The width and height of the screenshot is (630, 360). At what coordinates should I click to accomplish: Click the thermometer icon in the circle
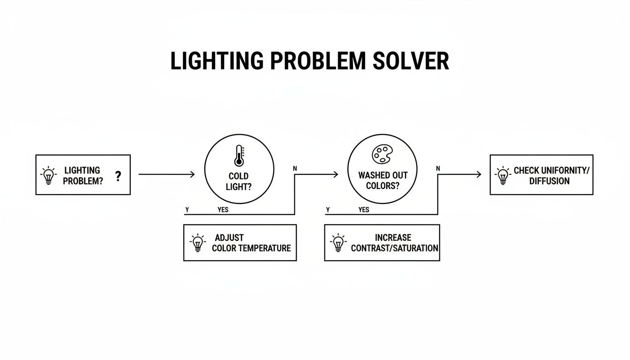pyautogui.click(x=239, y=156)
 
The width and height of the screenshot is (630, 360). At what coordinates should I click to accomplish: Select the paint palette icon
pyautogui.click(x=381, y=154)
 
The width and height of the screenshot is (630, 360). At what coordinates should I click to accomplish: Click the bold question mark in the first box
pyautogui.click(x=118, y=176)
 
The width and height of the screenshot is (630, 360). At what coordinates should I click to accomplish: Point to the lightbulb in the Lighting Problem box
pyautogui.click(x=49, y=175)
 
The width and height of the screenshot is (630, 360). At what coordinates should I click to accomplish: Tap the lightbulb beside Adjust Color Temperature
pyautogui.click(x=198, y=243)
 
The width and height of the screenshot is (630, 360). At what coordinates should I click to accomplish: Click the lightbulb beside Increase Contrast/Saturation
pyautogui.click(x=338, y=243)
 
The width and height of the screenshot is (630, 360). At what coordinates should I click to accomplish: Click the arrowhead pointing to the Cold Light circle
pyautogui.click(x=192, y=174)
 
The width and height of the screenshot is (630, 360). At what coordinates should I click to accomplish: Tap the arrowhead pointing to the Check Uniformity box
pyautogui.click(x=478, y=174)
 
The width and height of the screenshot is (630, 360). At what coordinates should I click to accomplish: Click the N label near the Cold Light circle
pyautogui.click(x=295, y=168)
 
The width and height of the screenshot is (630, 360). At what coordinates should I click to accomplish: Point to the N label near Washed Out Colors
pyautogui.click(x=438, y=168)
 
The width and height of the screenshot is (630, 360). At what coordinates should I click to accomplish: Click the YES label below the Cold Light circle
pyautogui.click(x=223, y=210)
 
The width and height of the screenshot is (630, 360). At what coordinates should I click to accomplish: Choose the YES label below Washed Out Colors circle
pyautogui.click(x=364, y=210)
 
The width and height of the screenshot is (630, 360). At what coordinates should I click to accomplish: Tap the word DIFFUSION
pyautogui.click(x=549, y=181)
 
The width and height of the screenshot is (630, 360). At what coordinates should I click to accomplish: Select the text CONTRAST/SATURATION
pyautogui.click(x=395, y=248)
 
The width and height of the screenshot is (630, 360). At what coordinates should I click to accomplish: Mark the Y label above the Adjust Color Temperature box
pyautogui.click(x=187, y=210)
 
